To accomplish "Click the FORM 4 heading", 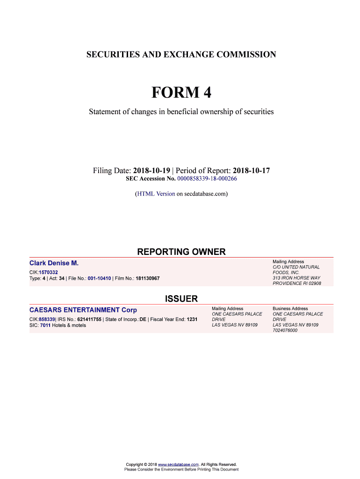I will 181,93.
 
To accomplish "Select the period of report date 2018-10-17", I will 251,171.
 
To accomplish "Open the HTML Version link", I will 156,193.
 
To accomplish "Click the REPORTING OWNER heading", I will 181,252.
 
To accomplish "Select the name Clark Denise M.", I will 54,263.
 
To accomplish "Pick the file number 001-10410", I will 99,278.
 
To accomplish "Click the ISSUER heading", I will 181,299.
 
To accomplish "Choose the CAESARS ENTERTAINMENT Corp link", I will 83,310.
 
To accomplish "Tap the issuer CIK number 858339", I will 47,319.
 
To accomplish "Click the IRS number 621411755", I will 89,319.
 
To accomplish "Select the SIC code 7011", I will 45,325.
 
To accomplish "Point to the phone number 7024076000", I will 285,330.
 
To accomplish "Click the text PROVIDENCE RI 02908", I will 297,283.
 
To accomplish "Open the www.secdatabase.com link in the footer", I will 179,464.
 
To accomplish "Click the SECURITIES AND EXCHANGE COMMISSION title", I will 181,55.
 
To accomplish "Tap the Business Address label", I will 290,309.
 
